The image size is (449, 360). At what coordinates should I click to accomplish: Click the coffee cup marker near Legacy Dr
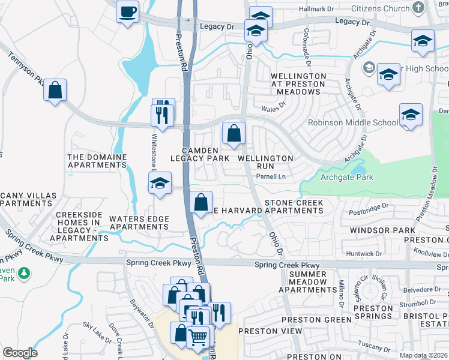point(127,12)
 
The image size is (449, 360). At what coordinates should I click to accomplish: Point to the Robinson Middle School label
point(352,122)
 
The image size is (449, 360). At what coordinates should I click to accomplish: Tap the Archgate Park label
point(346,177)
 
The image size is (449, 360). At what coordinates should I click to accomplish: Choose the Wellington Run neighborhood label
point(265,163)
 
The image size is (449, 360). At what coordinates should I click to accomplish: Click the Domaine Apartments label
point(97,162)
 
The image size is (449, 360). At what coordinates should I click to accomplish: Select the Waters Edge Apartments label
point(139,223)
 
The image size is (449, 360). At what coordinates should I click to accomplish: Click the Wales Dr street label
point(272,109)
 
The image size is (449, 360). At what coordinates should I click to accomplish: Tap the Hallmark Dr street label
point(316,9)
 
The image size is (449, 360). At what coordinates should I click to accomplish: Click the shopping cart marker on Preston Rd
point(198,337)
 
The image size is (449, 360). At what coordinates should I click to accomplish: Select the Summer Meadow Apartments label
point(309,282)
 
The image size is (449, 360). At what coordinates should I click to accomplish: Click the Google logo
point(20,353)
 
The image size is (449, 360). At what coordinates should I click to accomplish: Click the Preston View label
point(267,331)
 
